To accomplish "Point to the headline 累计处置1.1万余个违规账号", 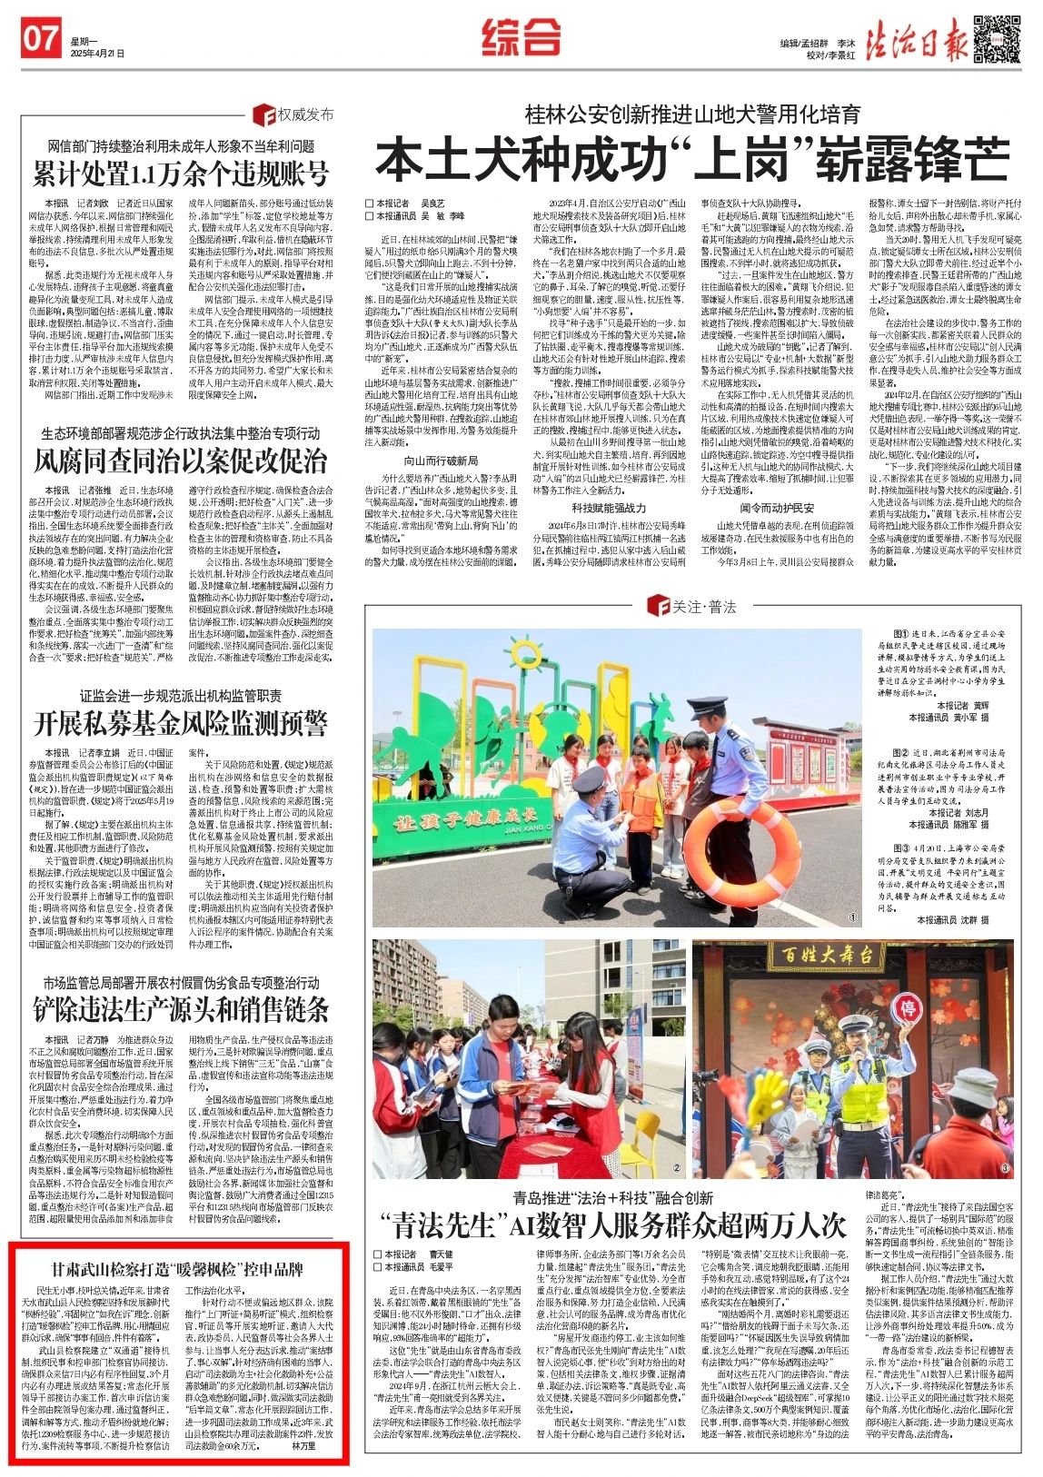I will tap(181, 173).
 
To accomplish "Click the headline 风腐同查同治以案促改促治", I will tap(181, 460).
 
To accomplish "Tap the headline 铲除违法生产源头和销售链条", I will tap(181, 1008).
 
